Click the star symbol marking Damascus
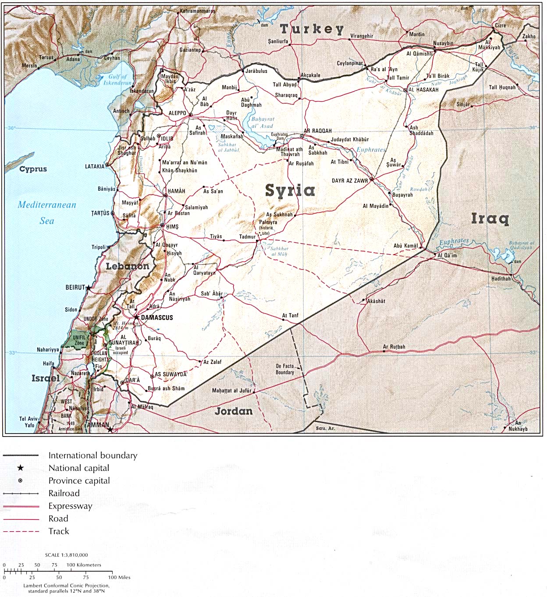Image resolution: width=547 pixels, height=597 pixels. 137,317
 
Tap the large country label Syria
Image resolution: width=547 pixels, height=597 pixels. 290,190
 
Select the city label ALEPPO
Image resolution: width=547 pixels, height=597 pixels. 178,113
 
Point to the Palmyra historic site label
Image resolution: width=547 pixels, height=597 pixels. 268,225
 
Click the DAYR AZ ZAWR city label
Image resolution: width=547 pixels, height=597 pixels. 350,181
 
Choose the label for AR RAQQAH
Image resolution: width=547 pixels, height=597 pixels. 318,131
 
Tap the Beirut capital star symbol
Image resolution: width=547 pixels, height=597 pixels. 89,288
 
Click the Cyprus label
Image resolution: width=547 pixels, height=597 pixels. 33,169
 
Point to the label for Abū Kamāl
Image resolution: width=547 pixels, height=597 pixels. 405,246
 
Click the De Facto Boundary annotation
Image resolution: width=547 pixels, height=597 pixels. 285,369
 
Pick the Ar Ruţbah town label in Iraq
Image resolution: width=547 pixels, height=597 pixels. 394,347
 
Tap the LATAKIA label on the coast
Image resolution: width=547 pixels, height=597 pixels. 95,167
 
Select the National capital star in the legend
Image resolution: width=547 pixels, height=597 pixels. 20,468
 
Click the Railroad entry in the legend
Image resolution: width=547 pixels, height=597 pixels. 64,493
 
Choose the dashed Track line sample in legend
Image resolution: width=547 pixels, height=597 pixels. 21,531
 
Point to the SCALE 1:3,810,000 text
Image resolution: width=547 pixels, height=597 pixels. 66,555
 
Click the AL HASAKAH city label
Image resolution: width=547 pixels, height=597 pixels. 423,90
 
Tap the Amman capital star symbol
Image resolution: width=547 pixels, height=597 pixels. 110,429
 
